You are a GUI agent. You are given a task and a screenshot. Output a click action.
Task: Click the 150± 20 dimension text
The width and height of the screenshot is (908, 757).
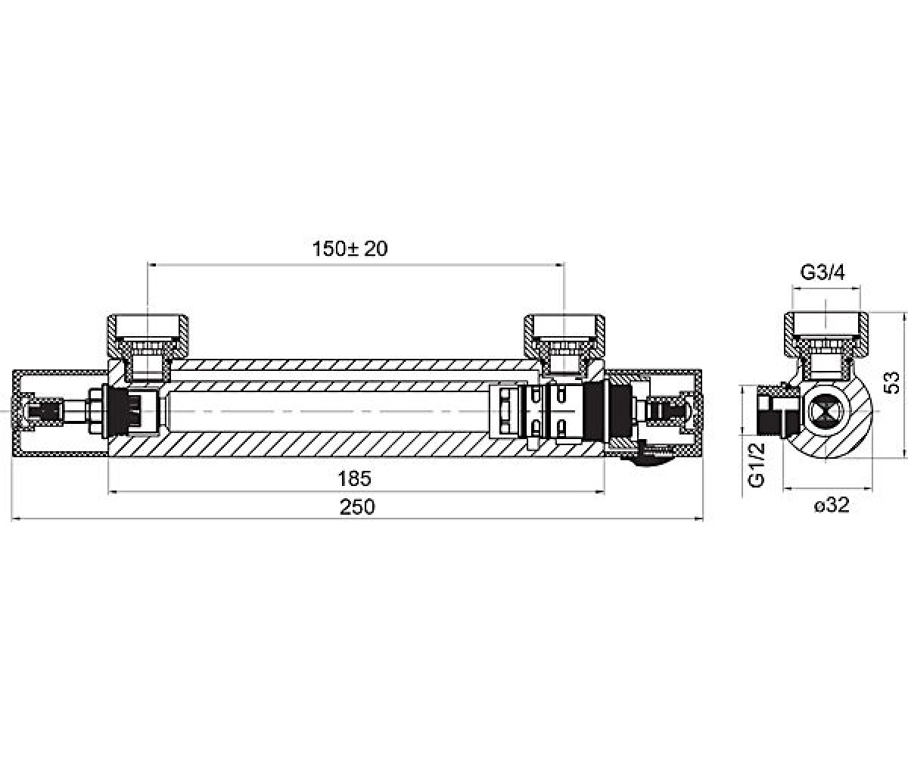[350, 249]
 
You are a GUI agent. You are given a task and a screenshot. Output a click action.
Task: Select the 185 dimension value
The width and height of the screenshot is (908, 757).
[354, 478]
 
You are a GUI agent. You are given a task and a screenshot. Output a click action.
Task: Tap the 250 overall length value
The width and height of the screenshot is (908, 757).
[357, 507]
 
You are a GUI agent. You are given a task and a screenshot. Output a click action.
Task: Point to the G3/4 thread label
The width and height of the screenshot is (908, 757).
[822, 273]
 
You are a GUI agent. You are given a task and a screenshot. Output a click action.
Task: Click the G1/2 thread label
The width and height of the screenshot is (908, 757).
[757, 465]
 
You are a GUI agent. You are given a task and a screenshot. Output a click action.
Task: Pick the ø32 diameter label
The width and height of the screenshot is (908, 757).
[832, 506]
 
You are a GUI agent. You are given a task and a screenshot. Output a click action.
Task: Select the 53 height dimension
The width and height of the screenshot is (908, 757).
[892, 383]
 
